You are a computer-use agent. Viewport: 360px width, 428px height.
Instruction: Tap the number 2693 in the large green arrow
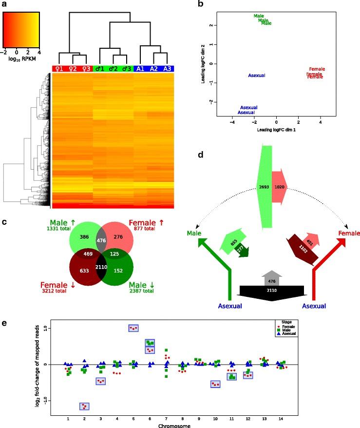coord(264,188)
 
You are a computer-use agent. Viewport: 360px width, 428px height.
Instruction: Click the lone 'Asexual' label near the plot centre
coord(256,76)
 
